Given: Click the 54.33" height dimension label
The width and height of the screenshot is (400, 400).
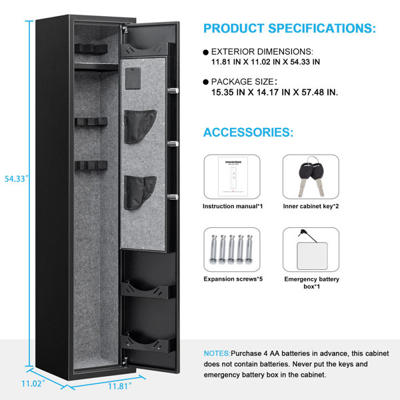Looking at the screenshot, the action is tap(16, 179).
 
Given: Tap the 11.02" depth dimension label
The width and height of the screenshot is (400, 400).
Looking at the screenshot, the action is tap(33, 383).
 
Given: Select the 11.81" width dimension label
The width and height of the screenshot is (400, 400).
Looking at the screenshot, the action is tap(120, 386).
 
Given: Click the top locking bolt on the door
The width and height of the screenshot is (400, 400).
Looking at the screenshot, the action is tap(173, 91).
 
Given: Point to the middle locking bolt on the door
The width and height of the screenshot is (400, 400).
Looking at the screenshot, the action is tap(173, 144).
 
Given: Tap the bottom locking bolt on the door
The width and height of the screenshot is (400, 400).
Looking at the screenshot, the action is tap(173, 197).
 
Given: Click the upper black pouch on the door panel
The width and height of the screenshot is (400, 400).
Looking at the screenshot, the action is tap(140, 127).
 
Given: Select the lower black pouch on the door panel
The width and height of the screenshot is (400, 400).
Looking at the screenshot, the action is tap(140, 193).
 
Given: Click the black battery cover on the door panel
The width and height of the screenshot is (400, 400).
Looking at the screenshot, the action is tap(133, 78).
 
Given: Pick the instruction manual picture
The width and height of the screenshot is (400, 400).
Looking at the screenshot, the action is tap(233, 177).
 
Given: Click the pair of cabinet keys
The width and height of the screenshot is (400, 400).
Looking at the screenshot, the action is tap(311, 177).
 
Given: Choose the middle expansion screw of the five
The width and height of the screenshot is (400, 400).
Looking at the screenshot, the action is tap(231, 249).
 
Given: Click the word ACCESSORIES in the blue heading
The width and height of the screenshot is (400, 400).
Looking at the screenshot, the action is tap(248, 132).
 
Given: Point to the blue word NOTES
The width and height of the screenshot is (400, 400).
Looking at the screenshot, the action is tap(217, 353).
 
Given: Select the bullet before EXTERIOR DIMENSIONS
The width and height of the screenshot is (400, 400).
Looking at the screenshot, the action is tap(206, 52).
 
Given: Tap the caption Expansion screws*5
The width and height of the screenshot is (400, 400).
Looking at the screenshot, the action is tap(233, 279).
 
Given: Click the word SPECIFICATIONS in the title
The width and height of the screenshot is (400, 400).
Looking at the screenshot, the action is tap(322, 28).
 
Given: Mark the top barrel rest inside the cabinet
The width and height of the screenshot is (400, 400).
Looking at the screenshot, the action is tap(91, 49).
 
